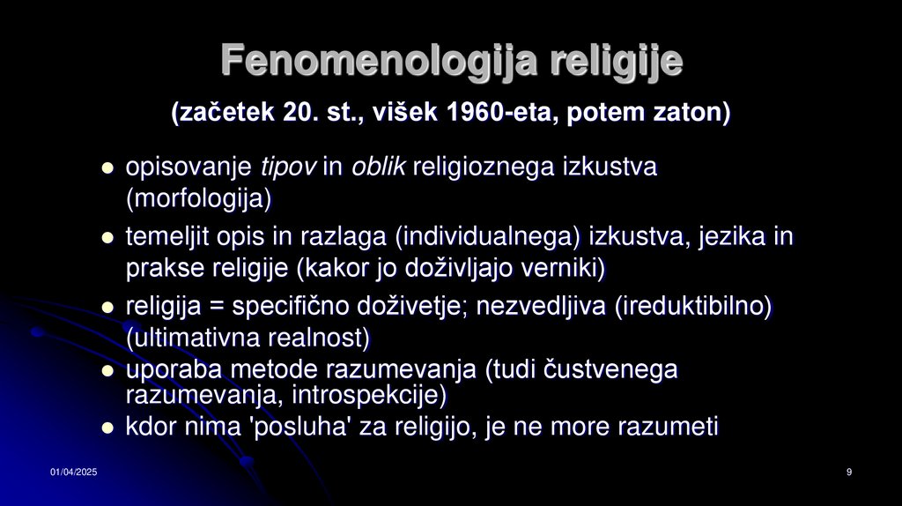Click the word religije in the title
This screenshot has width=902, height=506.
tap(617, 61)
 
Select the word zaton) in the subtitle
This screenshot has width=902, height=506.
tap(691, 114)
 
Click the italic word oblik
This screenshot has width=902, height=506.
tap(378, 167)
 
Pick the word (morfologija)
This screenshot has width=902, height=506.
tap(198, 198)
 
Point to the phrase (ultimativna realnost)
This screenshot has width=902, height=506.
tap(248, 338)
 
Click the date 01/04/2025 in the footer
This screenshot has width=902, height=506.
tap(73, 474)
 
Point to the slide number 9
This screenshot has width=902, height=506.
tap(848, 474)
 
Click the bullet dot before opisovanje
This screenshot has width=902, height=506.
tap(108, 167)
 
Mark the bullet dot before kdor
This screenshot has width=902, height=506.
tap(108, 428)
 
